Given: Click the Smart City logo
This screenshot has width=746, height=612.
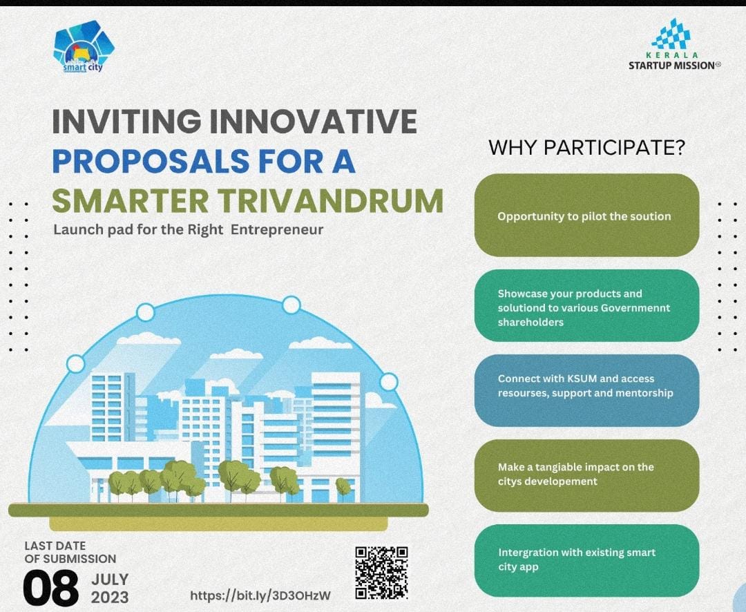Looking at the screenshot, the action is [84, 47].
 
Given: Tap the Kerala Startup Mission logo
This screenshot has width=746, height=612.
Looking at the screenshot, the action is [674, 44].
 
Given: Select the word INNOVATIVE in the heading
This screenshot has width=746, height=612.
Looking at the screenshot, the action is [313, 122].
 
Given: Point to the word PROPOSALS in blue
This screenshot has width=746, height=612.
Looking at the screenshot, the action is [151, 162].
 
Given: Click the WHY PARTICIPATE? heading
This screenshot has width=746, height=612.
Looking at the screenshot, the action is [586, 148].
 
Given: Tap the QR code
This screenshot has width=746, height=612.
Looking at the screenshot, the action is [381, 573].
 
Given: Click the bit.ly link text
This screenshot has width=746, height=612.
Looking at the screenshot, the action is [260, 595].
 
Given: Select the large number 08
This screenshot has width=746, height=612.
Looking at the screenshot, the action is [51, 589].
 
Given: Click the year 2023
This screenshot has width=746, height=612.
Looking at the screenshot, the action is [110, 597].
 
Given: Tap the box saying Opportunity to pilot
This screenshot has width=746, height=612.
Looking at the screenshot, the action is [586, 215].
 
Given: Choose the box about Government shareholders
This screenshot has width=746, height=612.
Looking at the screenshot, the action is [586, 305].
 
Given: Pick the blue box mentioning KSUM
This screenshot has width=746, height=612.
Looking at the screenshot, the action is [586, 390].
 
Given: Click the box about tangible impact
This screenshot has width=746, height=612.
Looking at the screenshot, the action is [586, 475].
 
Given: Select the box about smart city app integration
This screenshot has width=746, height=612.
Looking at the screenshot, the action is [586, 560].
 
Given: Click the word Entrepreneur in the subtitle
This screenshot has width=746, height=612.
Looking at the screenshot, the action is [278, 230].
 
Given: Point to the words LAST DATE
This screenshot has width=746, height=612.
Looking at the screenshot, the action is [55, 546].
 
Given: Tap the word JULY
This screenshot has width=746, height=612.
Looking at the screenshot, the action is [110, 580].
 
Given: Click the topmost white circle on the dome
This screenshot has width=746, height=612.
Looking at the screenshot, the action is [291, 305].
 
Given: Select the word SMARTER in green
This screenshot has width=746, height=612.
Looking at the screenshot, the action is [131, 201].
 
